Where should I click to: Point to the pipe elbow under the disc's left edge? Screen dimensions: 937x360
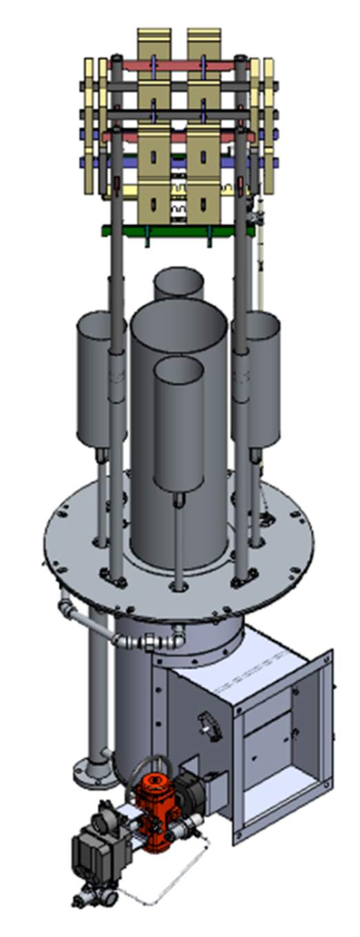pos(66,607)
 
